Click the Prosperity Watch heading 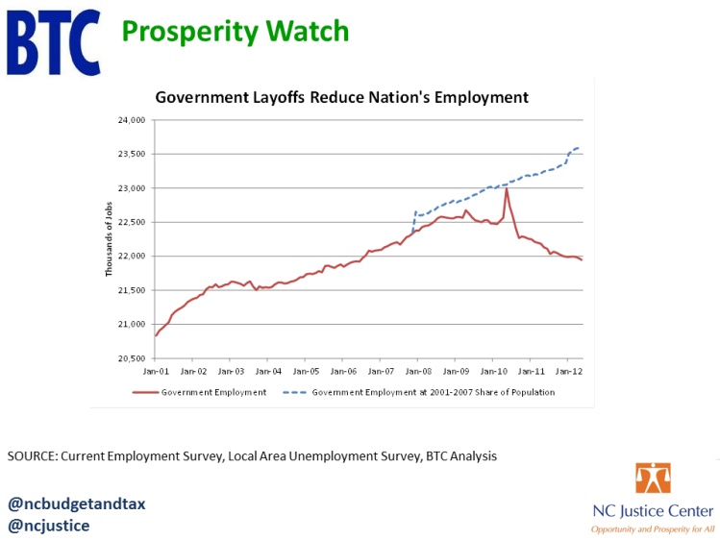(235, 32)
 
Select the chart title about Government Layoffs (342, 97)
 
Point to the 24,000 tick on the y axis (130, 120)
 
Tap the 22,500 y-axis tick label (130, 222)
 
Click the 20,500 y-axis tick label (130, 358)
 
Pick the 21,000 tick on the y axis (130, 324)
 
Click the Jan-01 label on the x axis (156, 370)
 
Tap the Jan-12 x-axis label (569, 370)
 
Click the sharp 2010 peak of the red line (506, 188)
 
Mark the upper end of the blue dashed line (579, 148)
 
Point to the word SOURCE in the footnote (31, 456)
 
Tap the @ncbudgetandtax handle (77, 503)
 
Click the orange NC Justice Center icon (653, 479)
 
